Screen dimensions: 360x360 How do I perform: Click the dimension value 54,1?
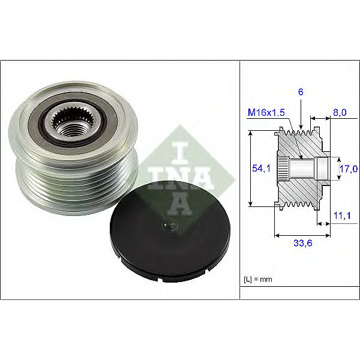pyautogui.click(x=261, y=168)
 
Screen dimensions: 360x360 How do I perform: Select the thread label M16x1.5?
pyautogui.click(x=266, y=113)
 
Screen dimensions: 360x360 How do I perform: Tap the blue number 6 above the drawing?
pyautogui.click(x=301, y=92)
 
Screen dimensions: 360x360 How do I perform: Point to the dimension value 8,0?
pyautogui.click(x=340, y=113)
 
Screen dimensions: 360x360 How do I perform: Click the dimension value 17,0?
pyautogui.click(x=349, y=169)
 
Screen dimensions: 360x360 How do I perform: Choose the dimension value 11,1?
pyautogui.click(x=342, y=215)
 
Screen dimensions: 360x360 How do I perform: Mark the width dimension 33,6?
pyautogui.click(x=303, y=243)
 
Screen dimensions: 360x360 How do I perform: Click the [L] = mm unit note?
pyautogui.click(x=258, y=280)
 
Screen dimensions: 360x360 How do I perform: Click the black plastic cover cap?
pyautogui.click(x=170, y=231)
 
